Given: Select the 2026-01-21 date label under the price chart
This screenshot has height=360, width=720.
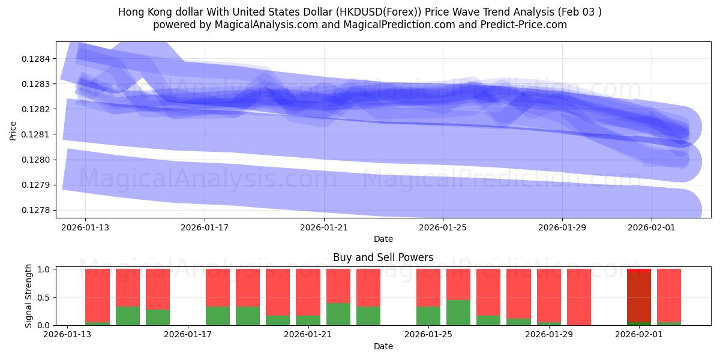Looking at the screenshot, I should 324,227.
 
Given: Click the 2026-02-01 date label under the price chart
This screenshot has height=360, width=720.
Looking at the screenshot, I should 652,227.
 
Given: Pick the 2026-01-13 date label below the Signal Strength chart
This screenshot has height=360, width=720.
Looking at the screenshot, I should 68,334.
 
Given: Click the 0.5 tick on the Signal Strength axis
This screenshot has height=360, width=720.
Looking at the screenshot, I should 44,298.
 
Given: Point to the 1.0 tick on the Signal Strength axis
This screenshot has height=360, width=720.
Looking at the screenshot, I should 44,269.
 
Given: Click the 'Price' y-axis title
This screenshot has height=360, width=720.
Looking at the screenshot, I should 13,130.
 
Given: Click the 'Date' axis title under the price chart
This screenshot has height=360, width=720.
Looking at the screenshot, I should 383,239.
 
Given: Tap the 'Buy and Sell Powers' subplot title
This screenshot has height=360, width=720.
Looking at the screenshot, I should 383,257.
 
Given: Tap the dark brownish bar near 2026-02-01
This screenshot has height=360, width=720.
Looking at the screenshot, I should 639,297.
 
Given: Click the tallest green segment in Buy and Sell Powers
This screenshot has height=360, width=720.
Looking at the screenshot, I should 458,312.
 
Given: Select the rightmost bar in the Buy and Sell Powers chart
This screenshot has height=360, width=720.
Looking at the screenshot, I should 669,297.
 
